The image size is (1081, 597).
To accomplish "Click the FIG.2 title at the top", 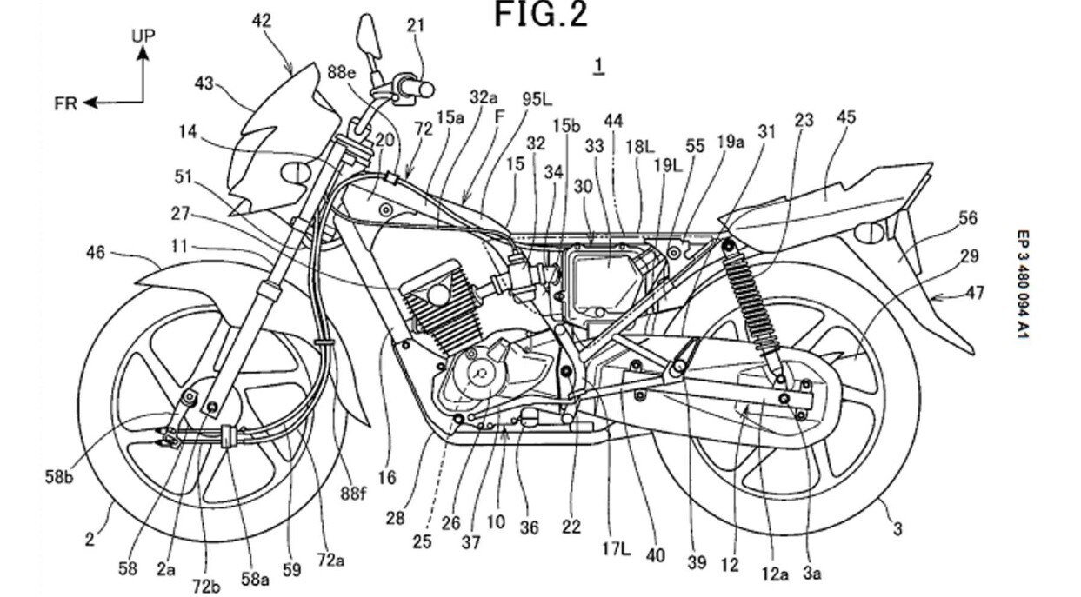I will pos(541,15).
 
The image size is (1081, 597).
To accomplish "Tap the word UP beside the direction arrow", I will pos(143,36).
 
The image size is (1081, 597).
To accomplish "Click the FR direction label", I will pos(65,103).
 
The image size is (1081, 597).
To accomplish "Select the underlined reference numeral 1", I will pos(597,66).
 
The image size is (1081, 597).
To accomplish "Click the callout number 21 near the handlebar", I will pos(416,25).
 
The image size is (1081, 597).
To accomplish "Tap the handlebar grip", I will pos(420,88).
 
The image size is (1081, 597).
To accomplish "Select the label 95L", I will pos(537,99).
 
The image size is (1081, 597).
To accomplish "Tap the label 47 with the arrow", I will pos(974,293).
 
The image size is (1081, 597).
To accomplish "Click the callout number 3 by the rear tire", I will pos(896,527).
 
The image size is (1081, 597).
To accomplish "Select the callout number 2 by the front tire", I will pos(89,540).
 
